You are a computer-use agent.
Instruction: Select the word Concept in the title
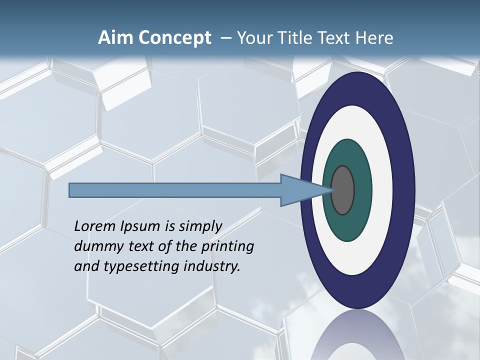click(x=174, y=38)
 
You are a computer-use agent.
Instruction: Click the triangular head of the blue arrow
click(x=300, y=190)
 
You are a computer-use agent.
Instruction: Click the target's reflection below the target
click(x=357, y=335)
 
